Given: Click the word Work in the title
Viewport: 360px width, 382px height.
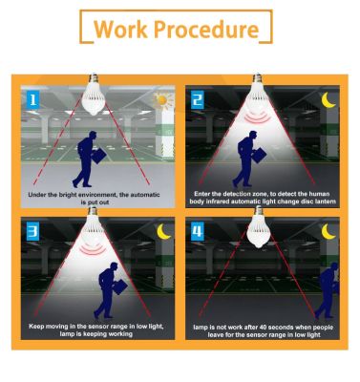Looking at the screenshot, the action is coord(120,29).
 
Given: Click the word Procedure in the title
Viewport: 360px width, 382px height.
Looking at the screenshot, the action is coord(206,29).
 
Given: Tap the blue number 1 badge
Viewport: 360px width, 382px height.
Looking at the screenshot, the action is coord(32,100).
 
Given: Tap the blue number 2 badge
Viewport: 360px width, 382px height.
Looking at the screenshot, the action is coord(198,100).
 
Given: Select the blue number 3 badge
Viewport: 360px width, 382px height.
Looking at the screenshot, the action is coord(32,232).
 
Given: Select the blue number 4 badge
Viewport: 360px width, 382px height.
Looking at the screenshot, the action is coord(198,232).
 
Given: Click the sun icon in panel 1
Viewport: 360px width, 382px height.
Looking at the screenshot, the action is coord(162,101).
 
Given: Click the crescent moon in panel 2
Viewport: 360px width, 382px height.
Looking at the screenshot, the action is coord(328,100).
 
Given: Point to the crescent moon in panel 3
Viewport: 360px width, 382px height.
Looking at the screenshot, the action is coord(164,231).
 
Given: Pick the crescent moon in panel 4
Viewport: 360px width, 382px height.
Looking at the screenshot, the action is coord(328,231).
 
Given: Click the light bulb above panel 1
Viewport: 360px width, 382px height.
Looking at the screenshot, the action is coord(94,95).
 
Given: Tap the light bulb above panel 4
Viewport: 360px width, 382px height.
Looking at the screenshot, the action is coord(259,226).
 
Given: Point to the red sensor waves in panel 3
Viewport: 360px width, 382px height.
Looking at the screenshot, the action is coord(93,249).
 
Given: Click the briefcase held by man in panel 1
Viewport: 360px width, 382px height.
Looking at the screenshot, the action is coord(99,156).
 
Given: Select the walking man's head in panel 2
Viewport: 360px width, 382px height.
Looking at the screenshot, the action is coord(252,136).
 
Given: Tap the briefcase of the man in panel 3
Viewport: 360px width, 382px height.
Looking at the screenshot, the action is coord(120,286).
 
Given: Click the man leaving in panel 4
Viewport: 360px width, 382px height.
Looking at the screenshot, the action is coord(327,290).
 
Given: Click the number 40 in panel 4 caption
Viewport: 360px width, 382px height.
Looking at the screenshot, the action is coord(264,328).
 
